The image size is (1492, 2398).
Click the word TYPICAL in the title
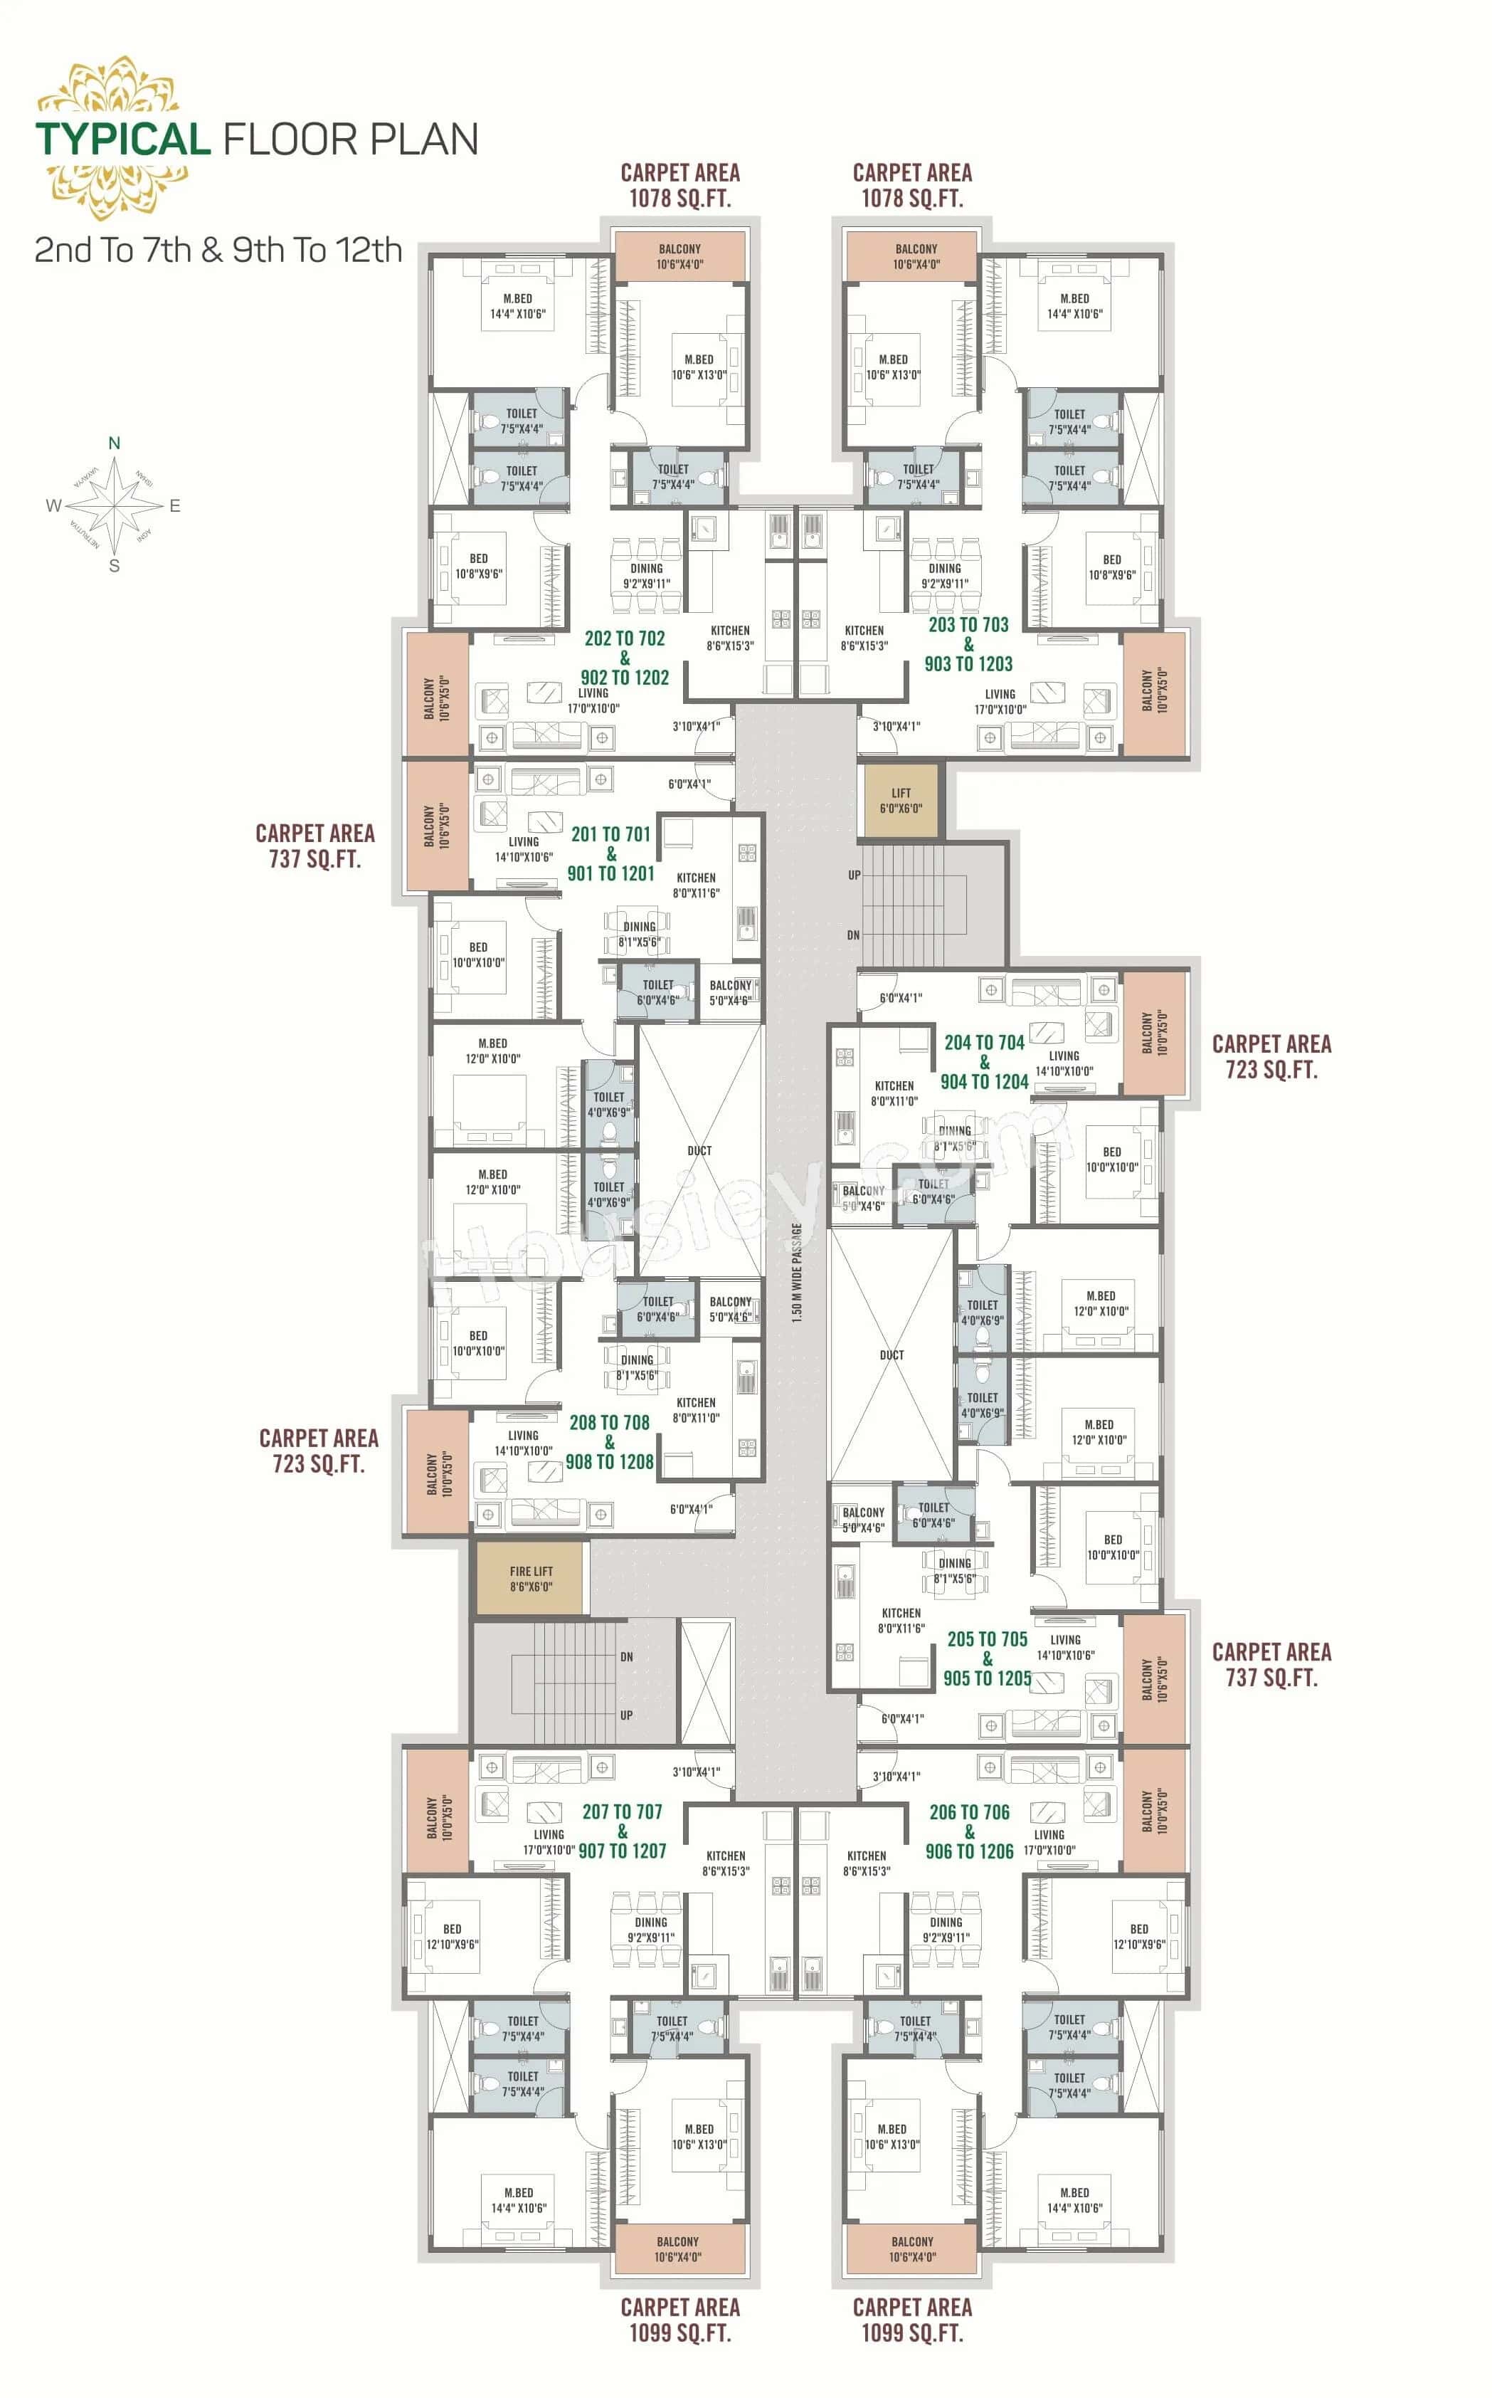pyautogui.click(x=123, y=140)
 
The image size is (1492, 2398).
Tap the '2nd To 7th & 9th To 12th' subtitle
pyautogui.click(x=218, y=250)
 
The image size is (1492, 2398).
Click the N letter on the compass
pyautogui.click(x=115, y=443)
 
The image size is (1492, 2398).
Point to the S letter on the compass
pyautogui.click(x=115, y=567)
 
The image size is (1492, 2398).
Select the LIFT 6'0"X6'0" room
pyautogui.click(x=901, y=801)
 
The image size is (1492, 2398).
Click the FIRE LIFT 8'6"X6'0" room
pyautogui.click(x=531, y=1579)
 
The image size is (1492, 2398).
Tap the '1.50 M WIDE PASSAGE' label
pyautogui.click(x=796, y=1273)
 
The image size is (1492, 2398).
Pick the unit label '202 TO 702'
pyautogui.click(x=625, y=638)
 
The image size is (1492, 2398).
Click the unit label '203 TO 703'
pyautogui.click(x=968, y=625)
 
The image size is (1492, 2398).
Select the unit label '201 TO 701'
pyautogui.click(x=610, y=834)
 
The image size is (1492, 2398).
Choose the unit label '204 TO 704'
pyautogui.click(x=984, y=1043)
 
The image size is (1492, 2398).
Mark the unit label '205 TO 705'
pyautogui.click(x=987, y=1639)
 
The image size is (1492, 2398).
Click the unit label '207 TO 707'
pyautogui.click(x=622, y=1811)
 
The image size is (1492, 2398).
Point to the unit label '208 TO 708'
pyautogui.click(x=609, y=1423)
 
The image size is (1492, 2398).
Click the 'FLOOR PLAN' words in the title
pyautogui.click(x=351, y=140)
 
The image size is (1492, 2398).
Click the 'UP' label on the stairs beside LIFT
pyautogui.click(x=854, y=875)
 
